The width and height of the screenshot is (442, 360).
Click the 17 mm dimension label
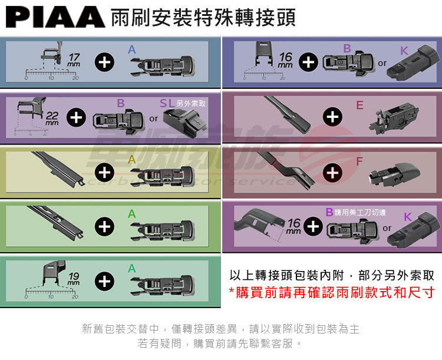pos(74,59)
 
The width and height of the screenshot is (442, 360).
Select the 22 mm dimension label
pos(52,118)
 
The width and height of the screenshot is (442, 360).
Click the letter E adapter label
pos(360,105)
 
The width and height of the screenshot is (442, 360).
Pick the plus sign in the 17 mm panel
pos(104,62)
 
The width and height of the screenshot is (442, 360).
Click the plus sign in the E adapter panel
pos(333,117)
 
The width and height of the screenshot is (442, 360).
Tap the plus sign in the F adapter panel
pos(333,172)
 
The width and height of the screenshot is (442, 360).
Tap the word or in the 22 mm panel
pos(153,118)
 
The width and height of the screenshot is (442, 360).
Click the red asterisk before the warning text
pos(232,293)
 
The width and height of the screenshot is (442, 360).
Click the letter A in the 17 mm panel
pos(132,50)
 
